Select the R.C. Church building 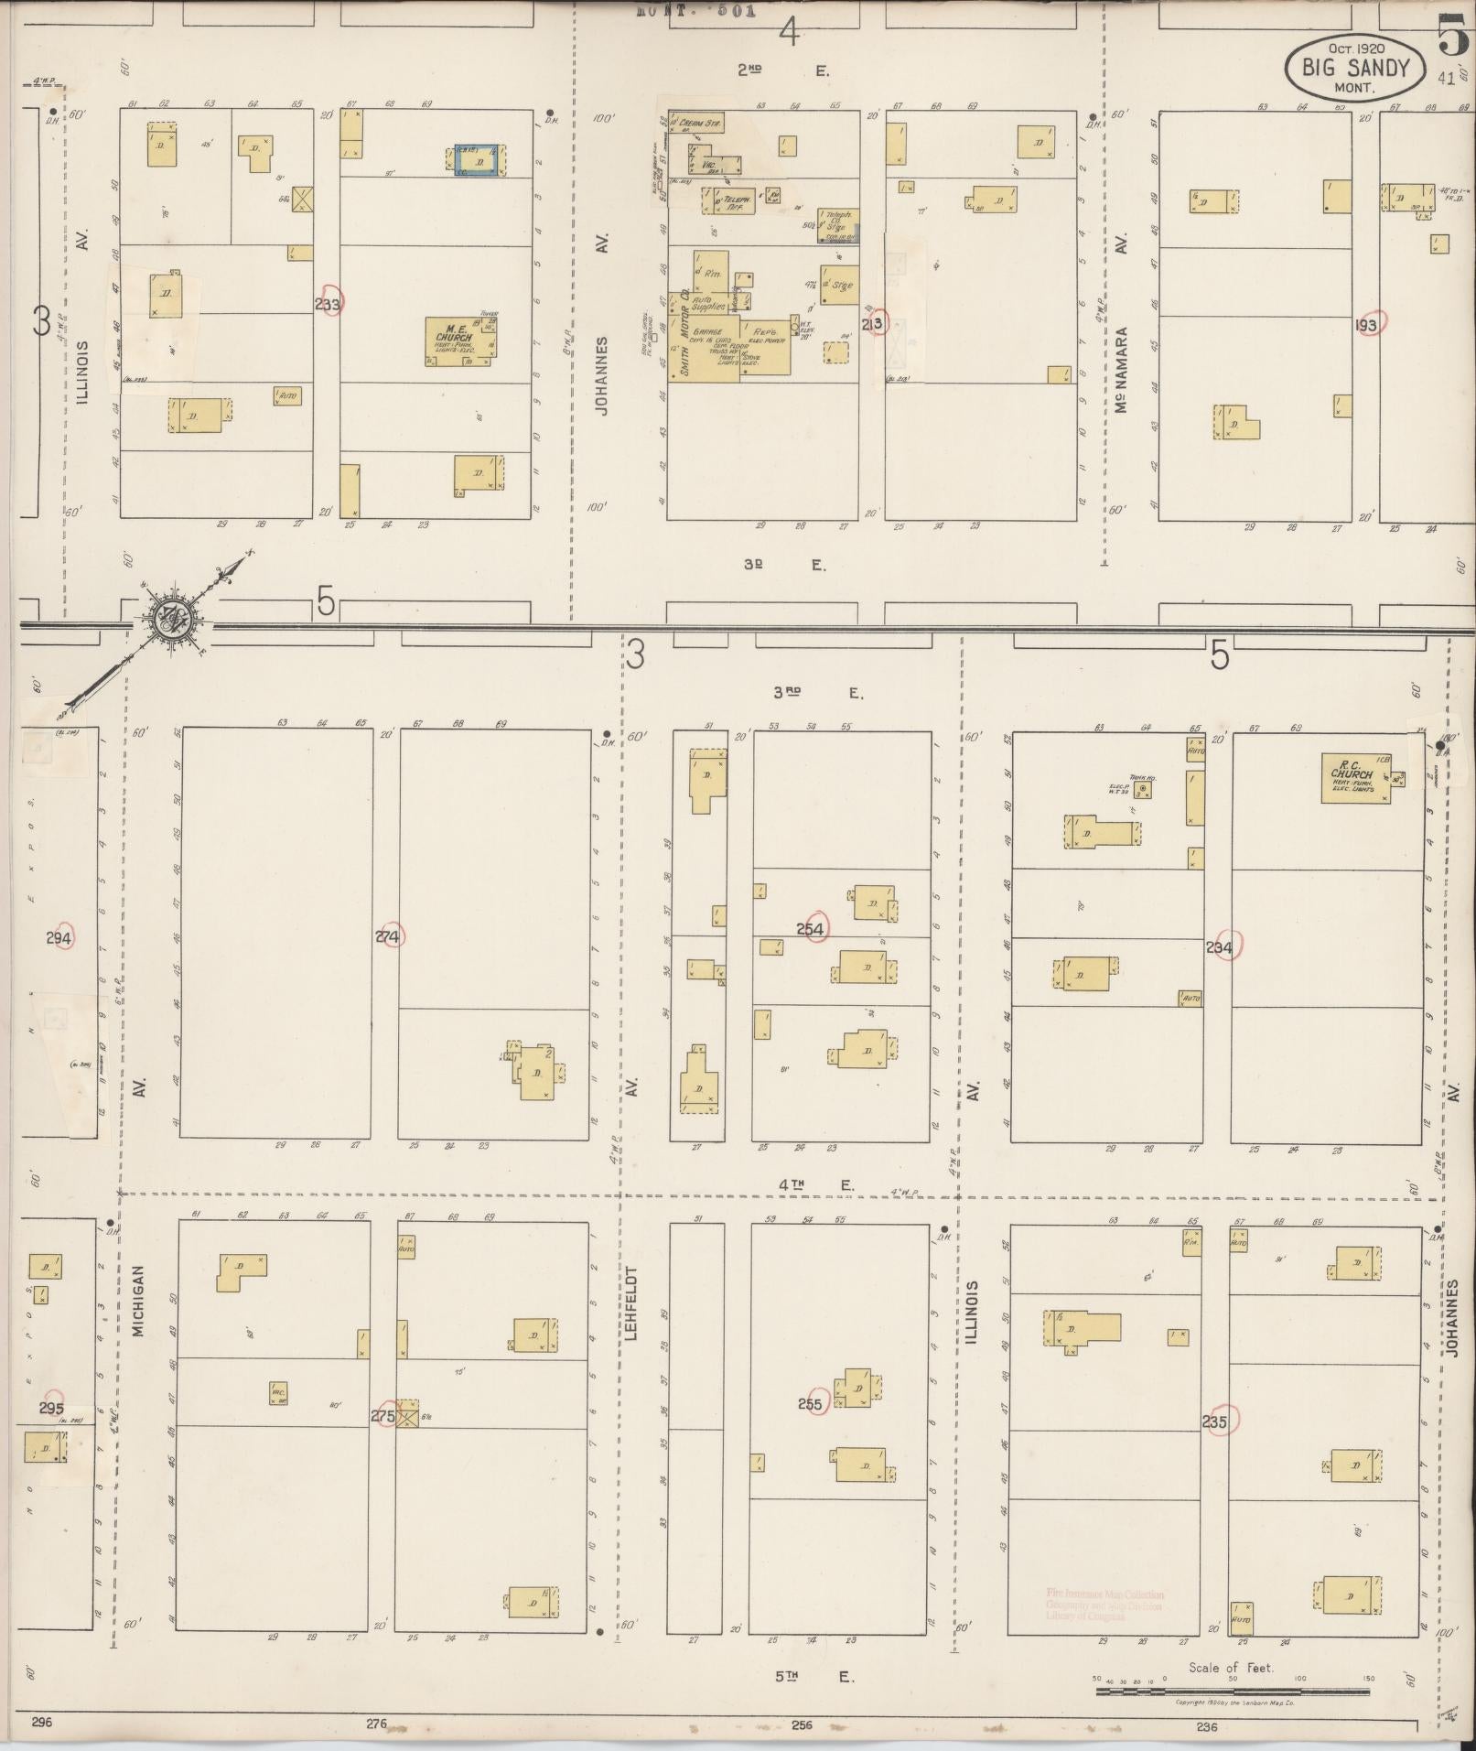pos(1355,778)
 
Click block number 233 pos(328,305)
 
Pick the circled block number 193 pos(1369,324)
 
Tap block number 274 pos(388,936)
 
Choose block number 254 pos(811,929)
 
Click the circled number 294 pos(58,937)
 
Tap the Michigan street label pos(139,1301)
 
